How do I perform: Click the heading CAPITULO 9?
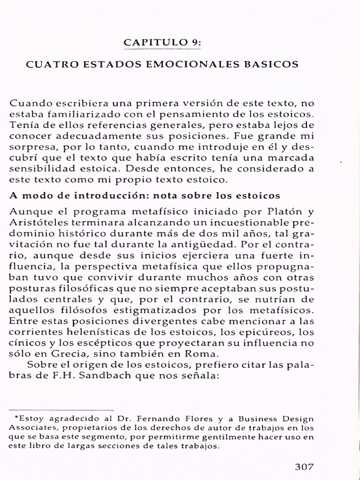click(162, 43)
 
